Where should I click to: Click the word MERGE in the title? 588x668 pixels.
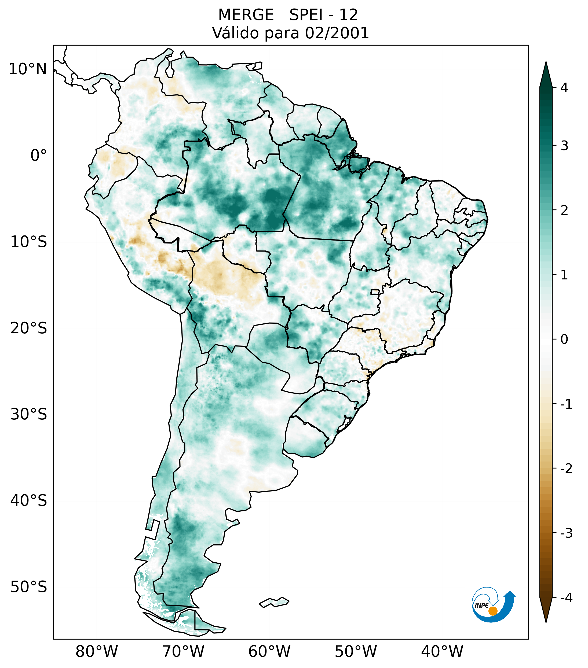pos(246,15)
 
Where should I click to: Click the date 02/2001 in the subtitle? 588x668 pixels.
pos(337,33)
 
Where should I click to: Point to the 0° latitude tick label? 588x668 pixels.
pos(39,156)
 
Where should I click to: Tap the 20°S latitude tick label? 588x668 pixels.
pos(29,328)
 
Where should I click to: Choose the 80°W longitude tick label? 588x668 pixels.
pos(97,652)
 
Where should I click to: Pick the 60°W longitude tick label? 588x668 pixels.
pos(269,652)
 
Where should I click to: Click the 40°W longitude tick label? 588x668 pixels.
pos(442,652)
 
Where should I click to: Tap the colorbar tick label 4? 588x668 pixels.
pos(564,88)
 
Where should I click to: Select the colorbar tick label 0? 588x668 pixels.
pos(564,339)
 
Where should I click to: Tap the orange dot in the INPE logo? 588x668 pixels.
pos(493,611)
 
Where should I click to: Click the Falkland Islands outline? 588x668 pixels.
pos(274,602)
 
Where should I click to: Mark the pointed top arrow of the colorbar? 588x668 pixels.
pos(546,73)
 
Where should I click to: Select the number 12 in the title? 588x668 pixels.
pos(349,15)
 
